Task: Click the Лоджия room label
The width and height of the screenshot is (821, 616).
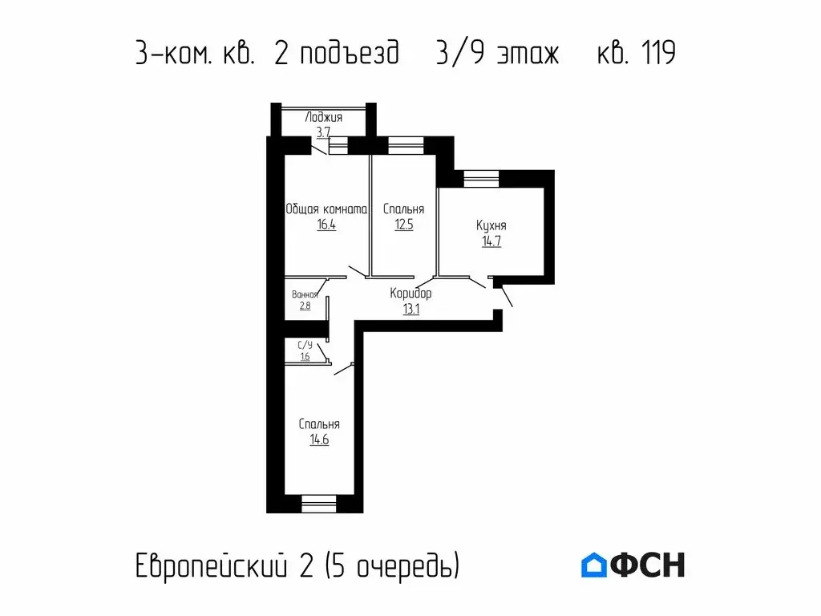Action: (324, 117)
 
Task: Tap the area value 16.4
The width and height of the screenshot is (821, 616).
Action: (326, 225)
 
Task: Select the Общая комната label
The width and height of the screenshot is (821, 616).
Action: (326, 209)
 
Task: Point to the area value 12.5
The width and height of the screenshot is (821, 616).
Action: (403, 225)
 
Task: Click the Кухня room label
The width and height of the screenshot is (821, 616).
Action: (491, 225)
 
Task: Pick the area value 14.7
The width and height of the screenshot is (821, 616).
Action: (491, 241)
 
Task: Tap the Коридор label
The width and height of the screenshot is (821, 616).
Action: (410, 294)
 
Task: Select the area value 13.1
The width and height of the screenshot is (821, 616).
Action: (410, 308)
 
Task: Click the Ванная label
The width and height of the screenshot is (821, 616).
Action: (305, 294)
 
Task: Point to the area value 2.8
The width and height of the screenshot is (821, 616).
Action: (305, 306)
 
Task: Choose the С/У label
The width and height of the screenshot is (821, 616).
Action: (305, 346)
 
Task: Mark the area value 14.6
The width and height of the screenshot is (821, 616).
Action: (319, 440)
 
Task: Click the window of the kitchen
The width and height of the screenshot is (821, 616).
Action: (481, 178)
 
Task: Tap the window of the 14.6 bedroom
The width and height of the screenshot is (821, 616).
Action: (318, 504)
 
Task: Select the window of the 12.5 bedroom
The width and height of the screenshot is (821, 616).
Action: (405, 145)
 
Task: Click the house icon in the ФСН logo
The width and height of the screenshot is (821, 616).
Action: (594, 565)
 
